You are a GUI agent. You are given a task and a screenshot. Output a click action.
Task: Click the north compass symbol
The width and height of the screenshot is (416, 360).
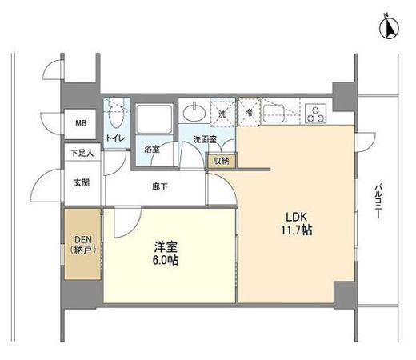pyautogui.click(x=387, y=29)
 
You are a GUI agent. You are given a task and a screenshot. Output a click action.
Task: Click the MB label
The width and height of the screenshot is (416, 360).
pyautogui.click(x=81, y=123)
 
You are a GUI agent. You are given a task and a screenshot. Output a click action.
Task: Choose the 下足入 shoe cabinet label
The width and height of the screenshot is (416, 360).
pyautogui.click(x=82, y=153)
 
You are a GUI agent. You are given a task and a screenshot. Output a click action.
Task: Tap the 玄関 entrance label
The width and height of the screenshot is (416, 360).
pyautogui.click(x=82, y=182)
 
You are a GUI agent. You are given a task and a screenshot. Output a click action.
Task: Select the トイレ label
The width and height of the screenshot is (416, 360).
pyautogui.click(x=114, y=138)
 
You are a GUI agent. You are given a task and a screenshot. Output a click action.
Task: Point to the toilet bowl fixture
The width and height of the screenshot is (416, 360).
pyautogui.click(x=117, y=118)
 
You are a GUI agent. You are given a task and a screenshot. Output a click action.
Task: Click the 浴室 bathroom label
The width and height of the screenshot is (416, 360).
pyautogui.click(x=151, y=150)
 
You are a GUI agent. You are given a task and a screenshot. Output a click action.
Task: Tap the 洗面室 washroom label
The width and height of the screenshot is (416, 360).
pyautogui.click(x=203, y=142)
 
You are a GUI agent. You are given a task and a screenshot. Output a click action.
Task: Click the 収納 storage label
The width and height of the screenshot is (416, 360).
pyautogui.click(x=221, y=161)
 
